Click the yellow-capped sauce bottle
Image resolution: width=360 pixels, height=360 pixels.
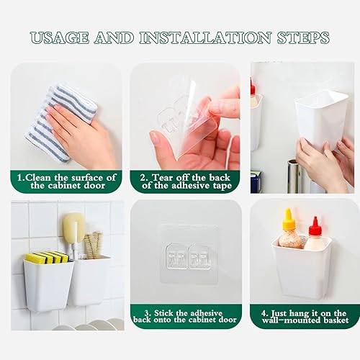(x=290, y=230)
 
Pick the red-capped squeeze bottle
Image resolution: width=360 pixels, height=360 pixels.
(x=315, y=234)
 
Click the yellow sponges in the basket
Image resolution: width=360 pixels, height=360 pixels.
(x=47, y=257)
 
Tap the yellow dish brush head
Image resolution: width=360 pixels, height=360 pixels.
(x=73, y=228)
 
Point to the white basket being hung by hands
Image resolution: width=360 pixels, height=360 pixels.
(x=321, y=119)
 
